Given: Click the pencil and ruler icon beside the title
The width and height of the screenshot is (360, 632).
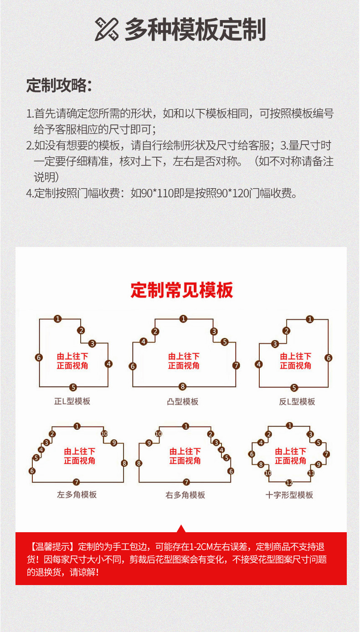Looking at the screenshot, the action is [x=107, y=29].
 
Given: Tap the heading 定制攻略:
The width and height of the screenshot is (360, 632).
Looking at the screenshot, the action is [x=59, y=85].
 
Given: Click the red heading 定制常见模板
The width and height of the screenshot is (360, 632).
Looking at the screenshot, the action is [x=182, y=290].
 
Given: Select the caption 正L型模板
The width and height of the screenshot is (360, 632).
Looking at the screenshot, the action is [x=72, y=401].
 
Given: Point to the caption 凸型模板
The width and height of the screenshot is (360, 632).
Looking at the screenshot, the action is [x=183, y=401].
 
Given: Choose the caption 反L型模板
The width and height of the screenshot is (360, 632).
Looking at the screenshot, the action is [x=297, y=401].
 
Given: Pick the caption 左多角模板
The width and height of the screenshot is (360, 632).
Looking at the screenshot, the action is [x=77, y=494].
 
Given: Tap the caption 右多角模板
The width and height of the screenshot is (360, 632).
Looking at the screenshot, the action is [x=185, y=495].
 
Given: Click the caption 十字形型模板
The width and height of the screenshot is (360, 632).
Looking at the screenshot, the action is [x=289, y=495].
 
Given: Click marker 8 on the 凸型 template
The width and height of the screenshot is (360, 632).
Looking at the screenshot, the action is [x=183, y=386].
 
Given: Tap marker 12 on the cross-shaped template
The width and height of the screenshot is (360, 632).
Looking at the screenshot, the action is [x=289, y=483].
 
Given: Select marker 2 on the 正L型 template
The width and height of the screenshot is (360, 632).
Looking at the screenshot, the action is [x=81, y=331].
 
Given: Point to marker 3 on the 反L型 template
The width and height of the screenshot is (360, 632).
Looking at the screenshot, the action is [x=275, y=344].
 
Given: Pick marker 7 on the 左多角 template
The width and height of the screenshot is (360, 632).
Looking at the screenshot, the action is [x=76, y=482].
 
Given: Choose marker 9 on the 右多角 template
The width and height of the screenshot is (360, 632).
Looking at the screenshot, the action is [x=149, y=443].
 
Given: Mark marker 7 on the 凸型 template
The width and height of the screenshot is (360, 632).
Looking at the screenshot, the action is [x=236, y=365].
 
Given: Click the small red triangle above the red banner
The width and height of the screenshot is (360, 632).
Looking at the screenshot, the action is [x=181, y=529].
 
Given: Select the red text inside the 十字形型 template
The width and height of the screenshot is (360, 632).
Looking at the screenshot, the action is [x=291, y=456].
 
